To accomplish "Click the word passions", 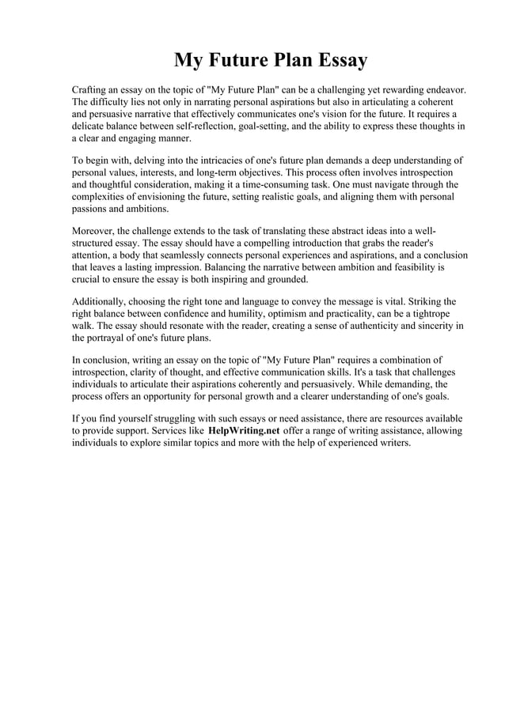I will pyautogui.click(x=92, y=208).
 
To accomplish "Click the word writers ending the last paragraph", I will pyautogui.click(x=393, y=442).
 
